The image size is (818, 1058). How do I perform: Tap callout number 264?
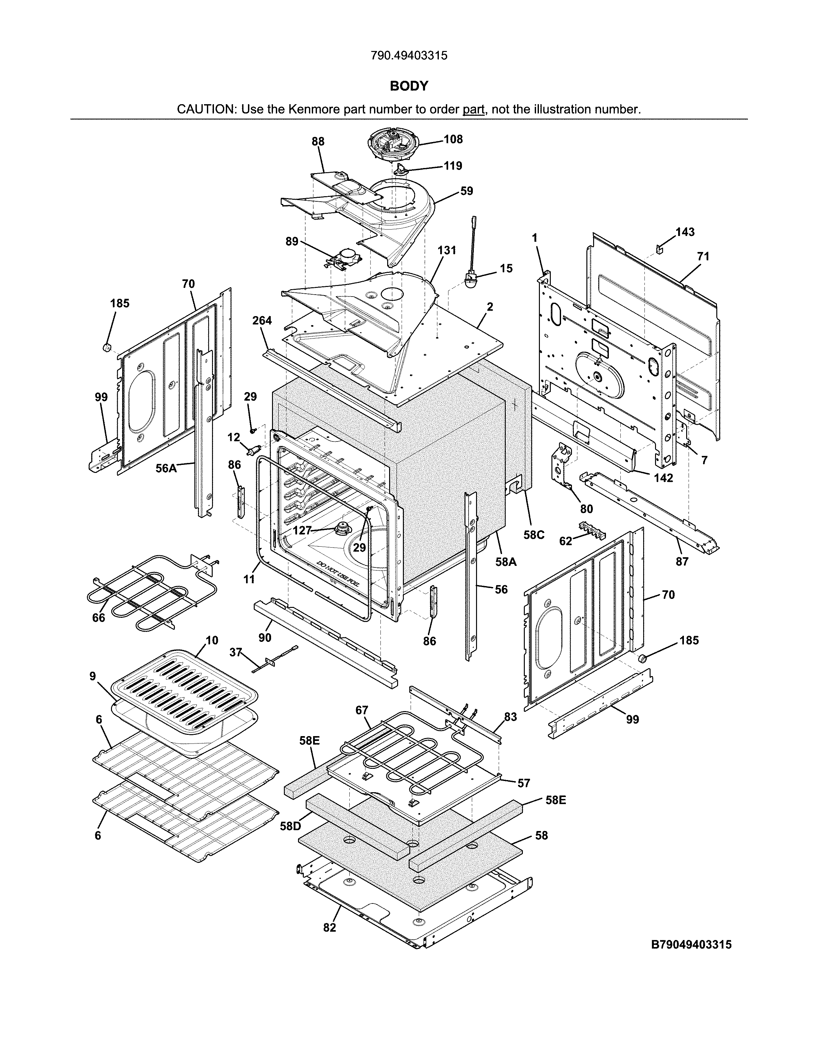(x=262, y=321)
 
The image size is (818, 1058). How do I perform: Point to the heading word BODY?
(x=409, y=86)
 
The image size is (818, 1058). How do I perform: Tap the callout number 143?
(x=685, y=232)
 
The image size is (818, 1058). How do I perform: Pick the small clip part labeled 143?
(x=660, y=248)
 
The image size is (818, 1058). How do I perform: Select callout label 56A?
(x=166, y=468)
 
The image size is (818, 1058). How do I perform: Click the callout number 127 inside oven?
(x=302, y=531)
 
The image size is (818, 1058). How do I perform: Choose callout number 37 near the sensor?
(x=235, y=652)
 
